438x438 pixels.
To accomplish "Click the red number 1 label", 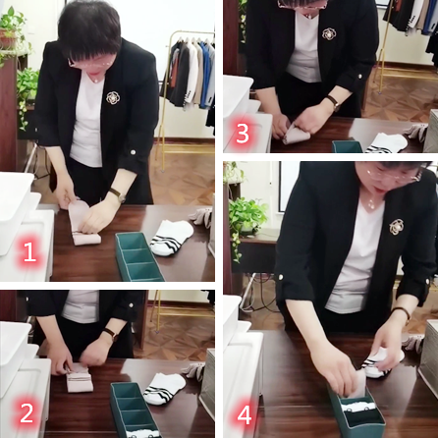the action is [x=29, y=251].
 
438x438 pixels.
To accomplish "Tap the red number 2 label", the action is [x=27, y=412].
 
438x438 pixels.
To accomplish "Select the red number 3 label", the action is [x=243, y=134].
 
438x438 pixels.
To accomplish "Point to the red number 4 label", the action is [x=245, y=415].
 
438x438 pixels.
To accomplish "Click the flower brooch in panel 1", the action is [x=113, y=97].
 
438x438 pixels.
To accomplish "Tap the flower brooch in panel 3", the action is [x=329, y=33].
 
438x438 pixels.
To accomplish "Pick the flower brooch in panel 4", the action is [x=397, y=227].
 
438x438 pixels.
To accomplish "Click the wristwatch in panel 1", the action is [x=118, y=195].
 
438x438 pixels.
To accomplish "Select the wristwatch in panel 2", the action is [x=111, y=334].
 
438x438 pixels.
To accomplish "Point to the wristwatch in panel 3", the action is [x=334, y=103].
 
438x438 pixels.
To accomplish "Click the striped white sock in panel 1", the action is [x=172, y=238].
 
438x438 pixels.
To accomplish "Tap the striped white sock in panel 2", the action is [x=164, y=388].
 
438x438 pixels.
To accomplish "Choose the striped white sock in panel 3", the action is [x=386, y=143].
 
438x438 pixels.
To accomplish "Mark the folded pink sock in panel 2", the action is [x=79, y=378].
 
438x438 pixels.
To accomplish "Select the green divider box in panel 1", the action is [x=139, y=257].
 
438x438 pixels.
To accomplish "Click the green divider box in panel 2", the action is [x=135, y=410].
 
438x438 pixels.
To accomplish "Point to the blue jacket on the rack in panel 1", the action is [x=205, y=76].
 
